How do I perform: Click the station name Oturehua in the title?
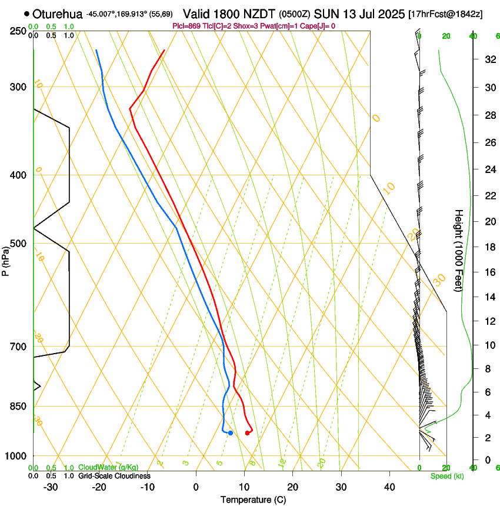(x=58, y=14)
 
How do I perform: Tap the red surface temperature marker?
(x=247, y=433)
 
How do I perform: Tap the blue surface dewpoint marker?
(x=231, y=433)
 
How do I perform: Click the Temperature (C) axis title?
(x=253, y=500)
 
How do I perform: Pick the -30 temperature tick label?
(x=51, y=487)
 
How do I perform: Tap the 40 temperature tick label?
(x=389, y=487)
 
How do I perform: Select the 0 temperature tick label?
(x=196, y=487)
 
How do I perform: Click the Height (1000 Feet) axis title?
(x=459, y=250)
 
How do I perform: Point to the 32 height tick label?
(x=489, y=59)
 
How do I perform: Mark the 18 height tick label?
(x=489, y=247)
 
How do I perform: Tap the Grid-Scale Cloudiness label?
(x=114, y=475)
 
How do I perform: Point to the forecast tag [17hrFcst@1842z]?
(x=445, y=14)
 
